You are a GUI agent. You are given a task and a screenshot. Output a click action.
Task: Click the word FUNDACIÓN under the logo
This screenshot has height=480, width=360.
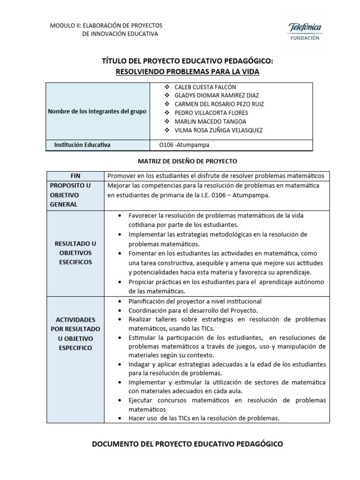pos(303,38)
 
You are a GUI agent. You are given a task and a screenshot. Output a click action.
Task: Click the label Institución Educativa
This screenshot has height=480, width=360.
pos(82,145)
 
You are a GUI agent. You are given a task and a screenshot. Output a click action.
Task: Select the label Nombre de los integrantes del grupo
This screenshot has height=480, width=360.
pos(97,112)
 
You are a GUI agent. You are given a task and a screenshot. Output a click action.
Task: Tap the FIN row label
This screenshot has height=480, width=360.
pos(75,176)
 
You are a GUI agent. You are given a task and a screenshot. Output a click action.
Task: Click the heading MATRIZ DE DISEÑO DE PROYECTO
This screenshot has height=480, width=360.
pos(187,161)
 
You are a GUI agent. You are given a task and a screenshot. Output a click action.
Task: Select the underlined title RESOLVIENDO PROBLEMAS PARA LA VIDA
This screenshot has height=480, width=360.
pos(187,72)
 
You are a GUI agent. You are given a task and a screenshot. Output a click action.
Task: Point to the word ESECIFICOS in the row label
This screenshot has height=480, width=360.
pos(75,262)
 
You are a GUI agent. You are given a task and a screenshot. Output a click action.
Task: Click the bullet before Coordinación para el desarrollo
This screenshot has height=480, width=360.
pos(121,311)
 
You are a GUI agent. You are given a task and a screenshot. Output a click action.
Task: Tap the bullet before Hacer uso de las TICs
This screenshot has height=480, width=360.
pos(121,418)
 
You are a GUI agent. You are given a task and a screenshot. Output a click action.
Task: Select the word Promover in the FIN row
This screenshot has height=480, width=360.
pos(120,176)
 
